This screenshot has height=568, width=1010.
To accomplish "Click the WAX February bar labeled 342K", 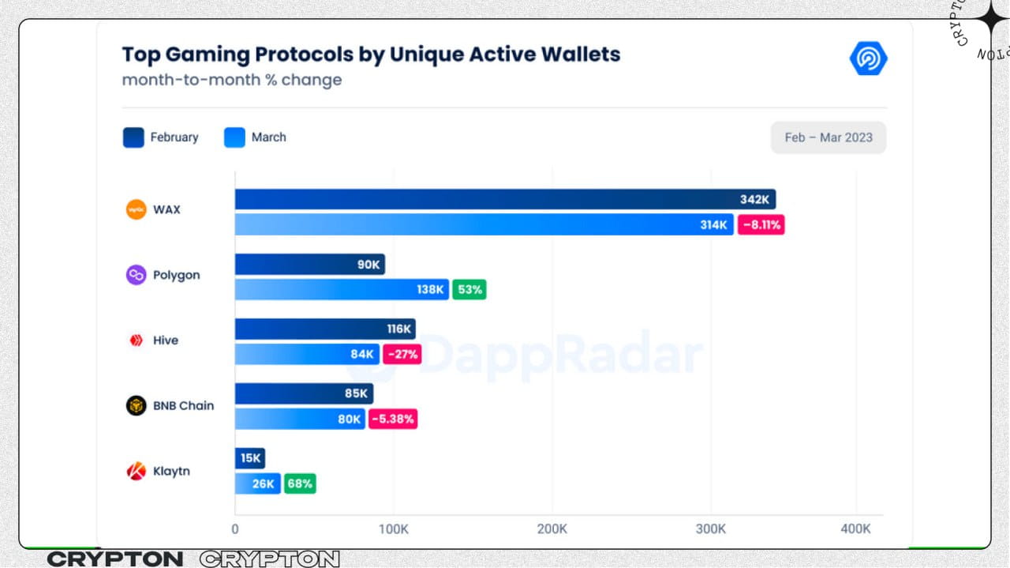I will click(x=505, y=199).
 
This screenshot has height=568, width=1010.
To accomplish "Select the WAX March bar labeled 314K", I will click(x=484, y=225).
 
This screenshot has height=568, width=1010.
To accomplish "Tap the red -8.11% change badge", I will click(x=761, y=225).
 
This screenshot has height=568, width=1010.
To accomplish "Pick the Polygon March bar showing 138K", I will click(x=342, y=290).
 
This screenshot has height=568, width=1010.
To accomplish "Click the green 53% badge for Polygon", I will click(x=469, y=290).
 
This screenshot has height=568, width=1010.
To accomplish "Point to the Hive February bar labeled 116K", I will click(x=325, y=329).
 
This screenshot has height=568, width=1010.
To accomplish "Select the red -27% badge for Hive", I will click(x=402, y=355).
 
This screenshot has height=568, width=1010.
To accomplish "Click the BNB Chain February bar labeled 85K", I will click(x=304, y=393).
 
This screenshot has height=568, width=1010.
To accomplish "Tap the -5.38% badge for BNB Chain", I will click(x=391, y=419).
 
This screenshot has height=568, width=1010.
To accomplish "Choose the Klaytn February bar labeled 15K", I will click(x=249, y=458).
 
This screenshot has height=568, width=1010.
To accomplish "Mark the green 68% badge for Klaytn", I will click(x=300, y=484).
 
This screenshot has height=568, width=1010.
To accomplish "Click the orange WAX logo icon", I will click(x=137, y=209).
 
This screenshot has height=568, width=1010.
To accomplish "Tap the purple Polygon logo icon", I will click(x=137, y=275).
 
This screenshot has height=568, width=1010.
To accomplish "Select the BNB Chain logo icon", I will click(x=137, y=405).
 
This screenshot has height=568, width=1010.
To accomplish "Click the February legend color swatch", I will click(x=133, y=137).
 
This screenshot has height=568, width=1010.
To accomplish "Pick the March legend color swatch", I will click(x=234, y=137).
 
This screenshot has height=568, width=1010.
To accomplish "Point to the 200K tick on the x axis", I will click(x=552, y=529).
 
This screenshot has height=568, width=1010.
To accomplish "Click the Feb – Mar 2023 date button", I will click(x=828, y=137).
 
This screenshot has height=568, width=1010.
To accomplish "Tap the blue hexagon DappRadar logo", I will click(x=869, y=59).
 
